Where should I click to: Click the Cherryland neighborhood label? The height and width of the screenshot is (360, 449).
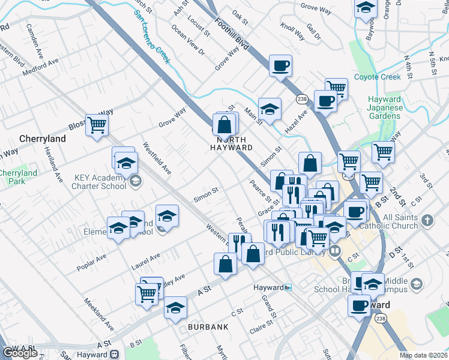click(41, 138)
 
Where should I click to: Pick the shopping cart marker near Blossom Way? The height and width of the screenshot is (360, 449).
click(96, 125)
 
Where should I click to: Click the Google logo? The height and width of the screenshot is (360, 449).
click(20, 353)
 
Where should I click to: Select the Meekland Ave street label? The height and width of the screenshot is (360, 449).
click(98, 314)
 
